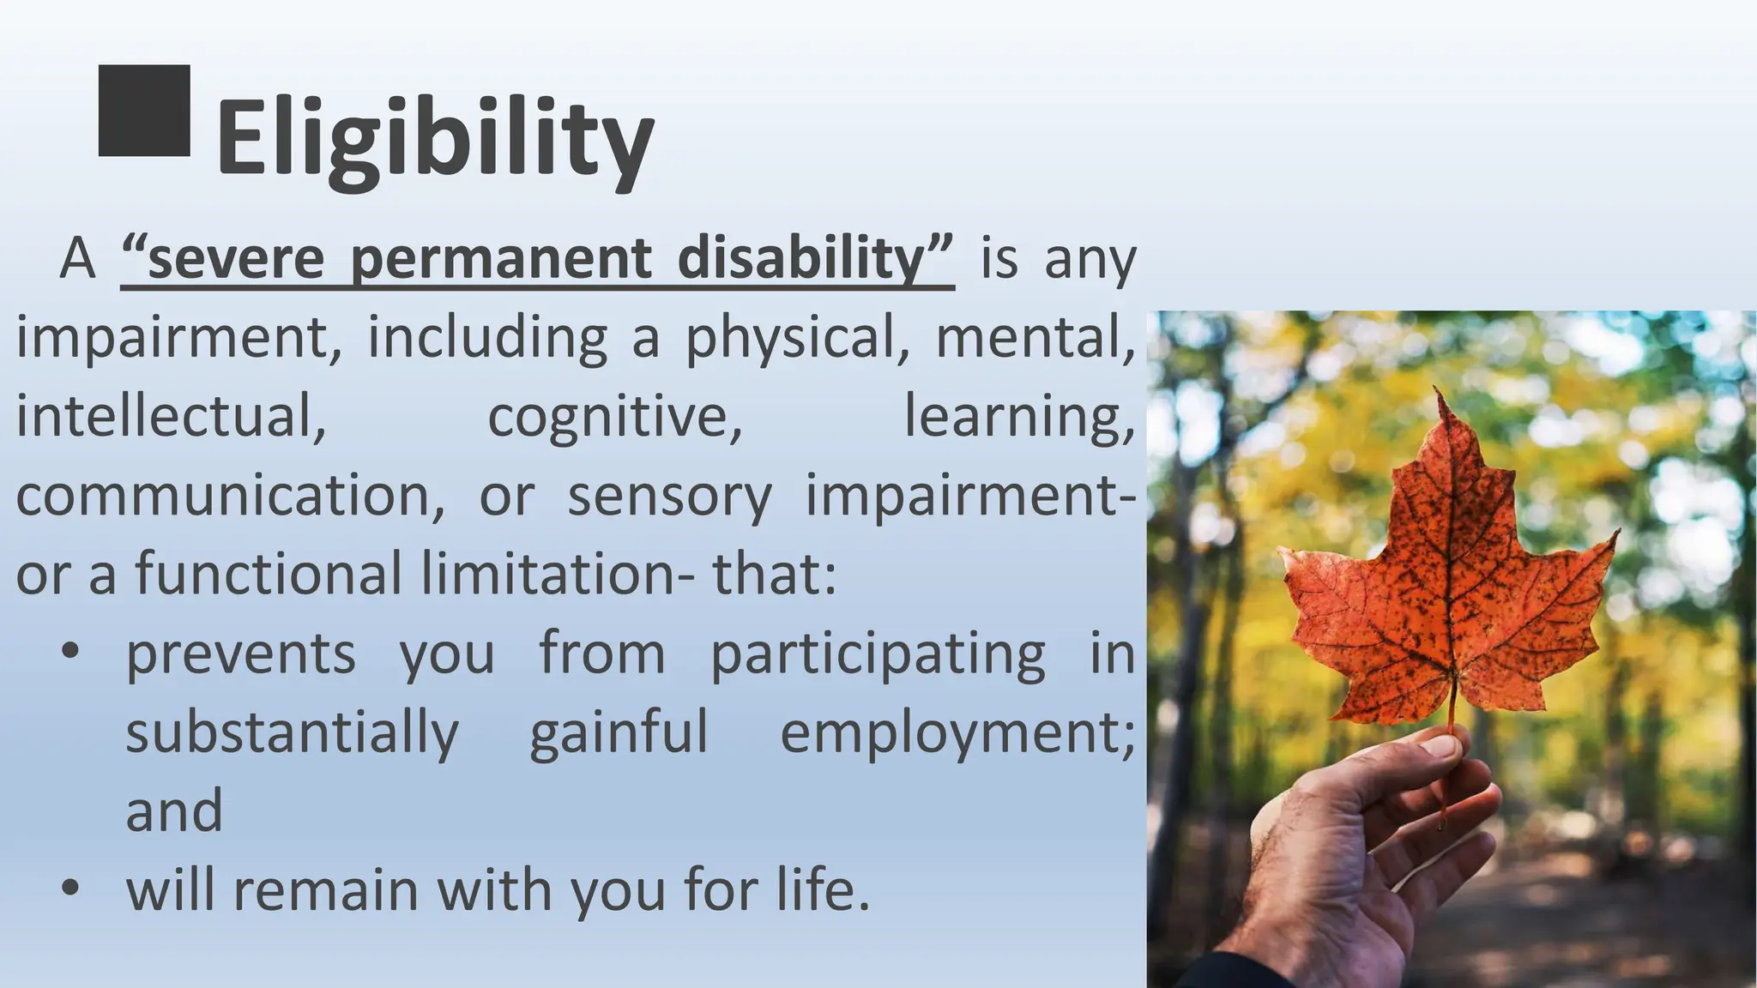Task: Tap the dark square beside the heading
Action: click(x=144, y=111)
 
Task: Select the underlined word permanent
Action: click(x=500, y=257)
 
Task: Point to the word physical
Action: click(x=789, y=337)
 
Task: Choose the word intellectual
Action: click(x=171, y=416)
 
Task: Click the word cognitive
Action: click(x=614, y=416)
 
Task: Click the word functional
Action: click(x=268, y=573)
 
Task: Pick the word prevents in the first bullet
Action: click(x=240, y=654)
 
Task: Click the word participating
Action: click(x=878, y=654)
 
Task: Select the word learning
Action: click(x=1019, y=416)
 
